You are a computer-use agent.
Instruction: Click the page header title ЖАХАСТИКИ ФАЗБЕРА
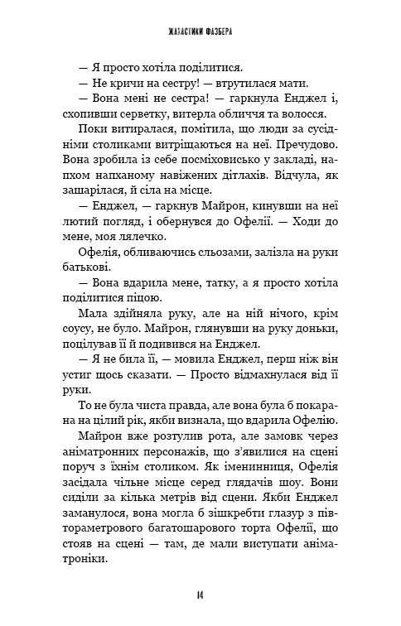tap(200, 32)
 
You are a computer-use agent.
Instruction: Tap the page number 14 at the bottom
tap(200, 595)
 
